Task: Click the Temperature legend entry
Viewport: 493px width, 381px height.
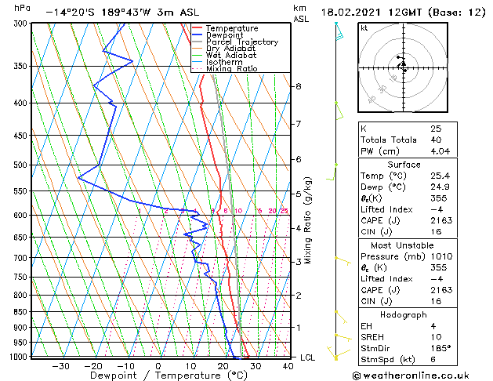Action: click(232, 28)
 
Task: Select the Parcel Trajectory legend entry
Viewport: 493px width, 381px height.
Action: click(242, 42)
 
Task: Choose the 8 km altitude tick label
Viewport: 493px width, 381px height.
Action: click(299, 86)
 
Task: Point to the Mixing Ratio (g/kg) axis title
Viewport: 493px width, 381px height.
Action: click(309, 220)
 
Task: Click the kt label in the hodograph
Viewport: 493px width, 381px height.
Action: click(364, 27)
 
